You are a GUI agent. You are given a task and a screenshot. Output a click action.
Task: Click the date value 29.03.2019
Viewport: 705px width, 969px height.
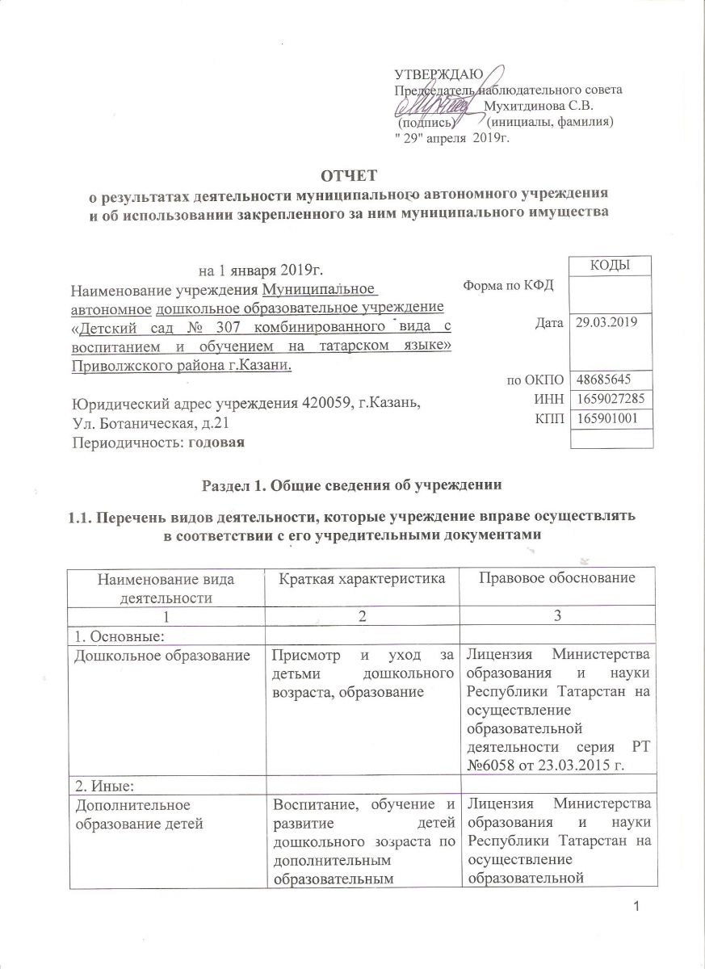point(606,323)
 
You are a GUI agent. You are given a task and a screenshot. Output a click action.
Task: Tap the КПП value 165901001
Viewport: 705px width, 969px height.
point(606,418)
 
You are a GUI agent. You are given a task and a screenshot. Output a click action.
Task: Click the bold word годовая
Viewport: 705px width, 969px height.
point(216,441)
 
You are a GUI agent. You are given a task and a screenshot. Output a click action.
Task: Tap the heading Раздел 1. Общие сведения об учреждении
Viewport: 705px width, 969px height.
point(352,485)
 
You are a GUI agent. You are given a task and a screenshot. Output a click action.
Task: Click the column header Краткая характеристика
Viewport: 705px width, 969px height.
point(363,579)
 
